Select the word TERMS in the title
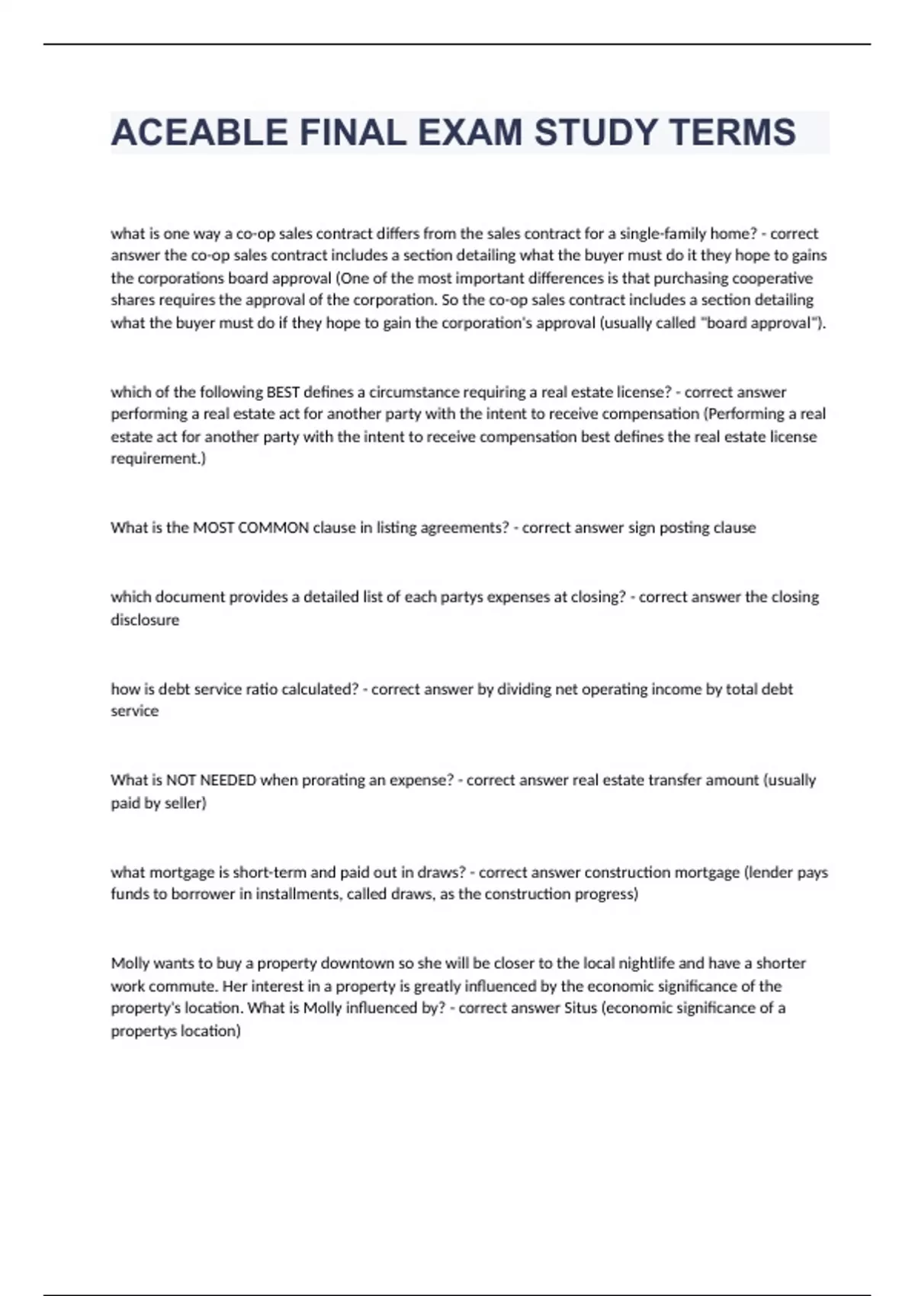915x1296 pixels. point(733,133)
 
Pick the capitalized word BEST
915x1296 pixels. point(283,392)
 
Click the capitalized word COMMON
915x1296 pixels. point(273,528)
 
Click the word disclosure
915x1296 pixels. point(145,620)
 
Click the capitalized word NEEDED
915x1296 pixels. point(228,780)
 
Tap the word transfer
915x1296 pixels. point(675,780)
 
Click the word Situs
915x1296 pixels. point(580,1008)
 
